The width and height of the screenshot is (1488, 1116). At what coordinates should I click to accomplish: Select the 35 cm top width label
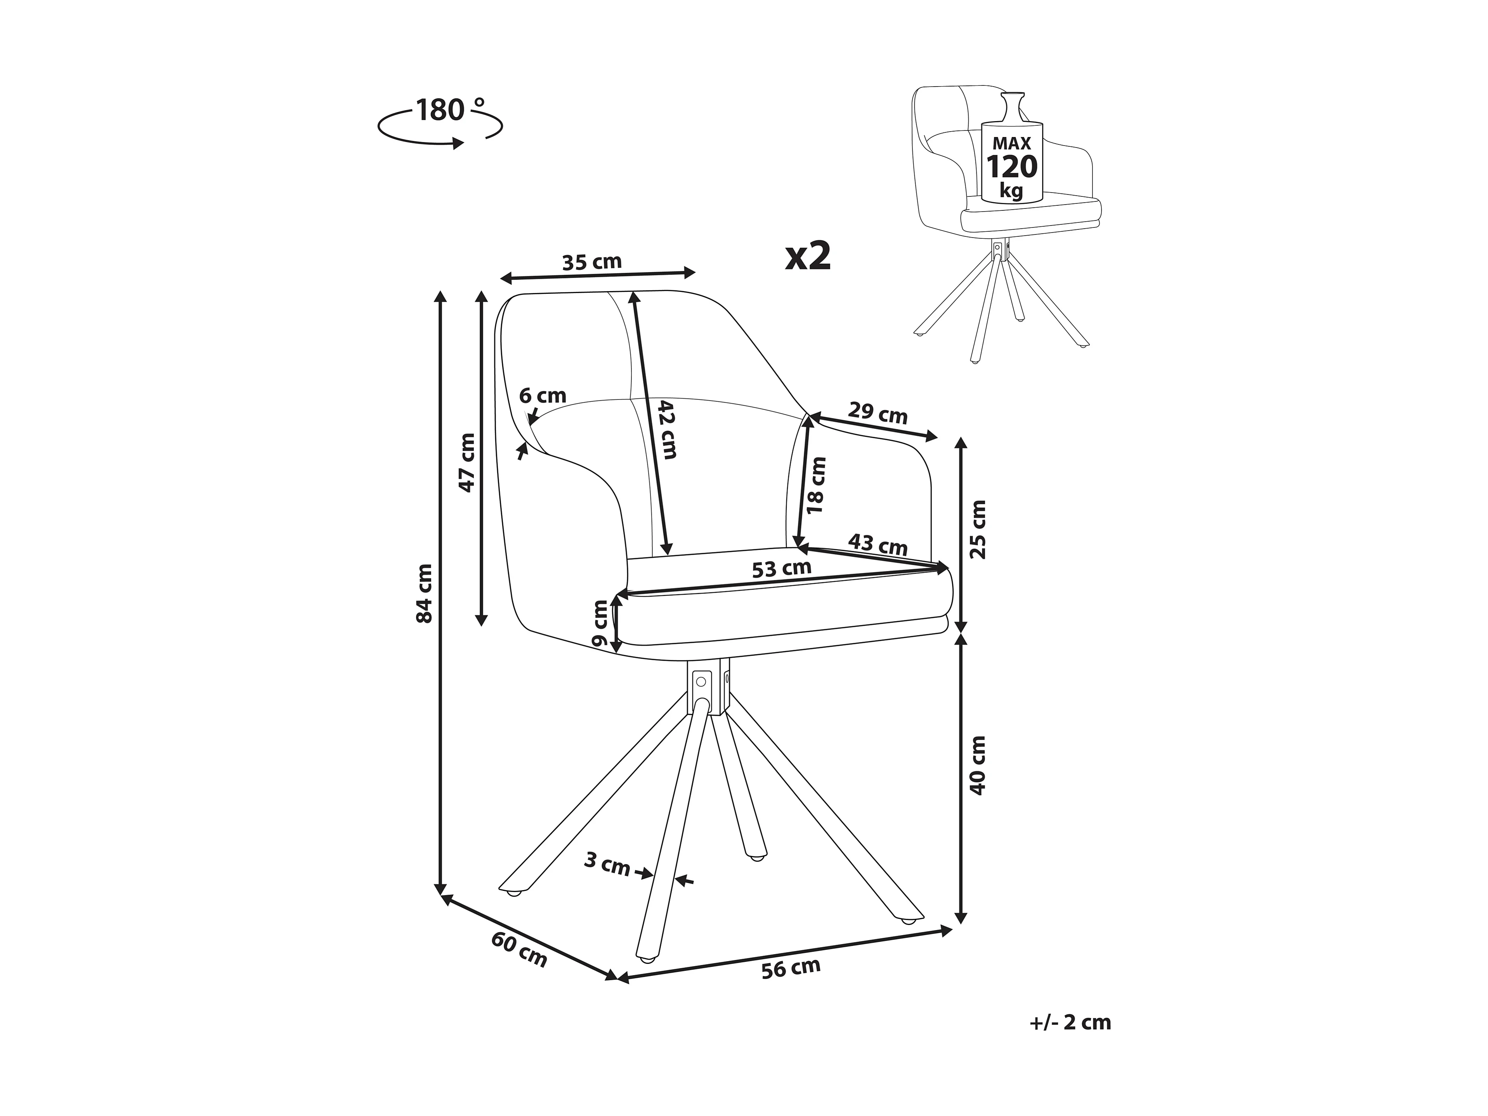point(592,262)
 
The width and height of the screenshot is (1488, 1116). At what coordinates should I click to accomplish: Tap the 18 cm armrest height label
point(816,484)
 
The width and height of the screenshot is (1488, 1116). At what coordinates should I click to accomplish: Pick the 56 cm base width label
point(791,968)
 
